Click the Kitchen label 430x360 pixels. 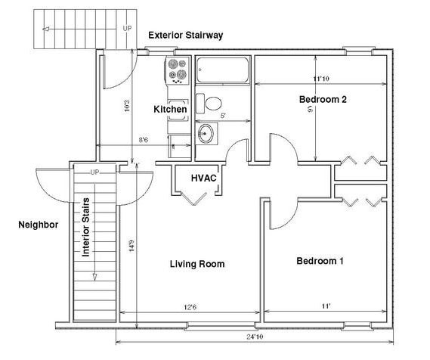[170, 110]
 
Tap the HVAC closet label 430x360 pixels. [203, 178]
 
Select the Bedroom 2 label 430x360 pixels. [323, 99]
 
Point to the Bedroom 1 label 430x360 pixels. [320, 261]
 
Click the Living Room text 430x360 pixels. [196, 264]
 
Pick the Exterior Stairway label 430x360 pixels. [185, 35]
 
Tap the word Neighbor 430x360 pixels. [39, 225]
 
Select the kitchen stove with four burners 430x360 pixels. [177, 71]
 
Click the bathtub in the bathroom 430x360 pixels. [221, 73]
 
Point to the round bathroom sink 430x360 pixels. [206, 134]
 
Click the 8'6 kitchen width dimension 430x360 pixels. [144, 139]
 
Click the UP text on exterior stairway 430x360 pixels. [127, 28]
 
